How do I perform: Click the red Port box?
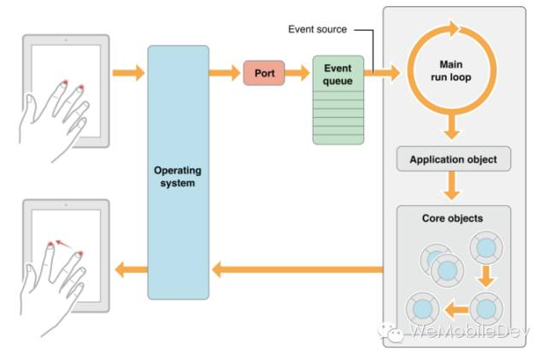click(x=264, y=73)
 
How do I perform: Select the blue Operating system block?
click(x=179, y=173)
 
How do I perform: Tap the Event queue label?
click(x=338, y=74)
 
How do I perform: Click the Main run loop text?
click(x=451, y=70)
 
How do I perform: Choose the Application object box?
click(x=454, y=159)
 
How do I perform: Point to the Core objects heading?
click(x=452, y=218)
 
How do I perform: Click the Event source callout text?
click(x=317, y=29)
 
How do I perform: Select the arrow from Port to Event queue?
click(x=297, y=73)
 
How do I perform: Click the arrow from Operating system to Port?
click(x=225, y=73)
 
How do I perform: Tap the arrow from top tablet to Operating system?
click(x=129, y=73)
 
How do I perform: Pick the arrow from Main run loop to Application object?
click(x=452, y=127)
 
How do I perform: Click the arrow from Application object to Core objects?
click(x=452, y=186)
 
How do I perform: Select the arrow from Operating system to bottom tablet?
click(x=131, y=270)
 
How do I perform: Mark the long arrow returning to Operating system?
click(x=297, y=270)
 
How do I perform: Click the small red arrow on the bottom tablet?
click(x=63, y=244)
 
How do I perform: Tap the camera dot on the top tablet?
click(x=66, y=40)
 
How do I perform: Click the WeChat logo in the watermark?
click(x=391, y=332)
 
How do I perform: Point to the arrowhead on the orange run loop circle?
click(x=454, y=28)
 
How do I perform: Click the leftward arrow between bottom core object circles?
click(x=456, y=310)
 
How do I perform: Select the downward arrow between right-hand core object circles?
click(x=486, y=276)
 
